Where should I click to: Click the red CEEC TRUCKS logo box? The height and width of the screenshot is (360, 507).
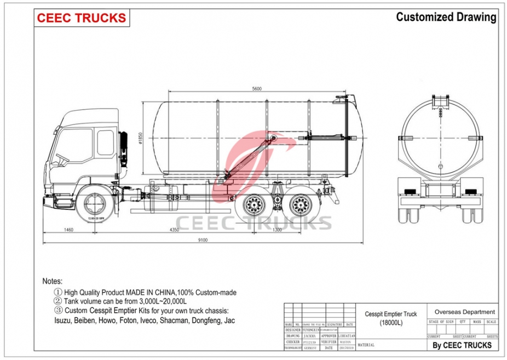click(x=82, y=18)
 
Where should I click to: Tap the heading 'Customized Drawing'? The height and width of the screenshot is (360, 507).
click(x=446, y=17)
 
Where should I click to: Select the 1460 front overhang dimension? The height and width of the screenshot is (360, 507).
click(x=68, y=230)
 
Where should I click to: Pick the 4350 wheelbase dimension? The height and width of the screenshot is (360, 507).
click(x=174, y=230)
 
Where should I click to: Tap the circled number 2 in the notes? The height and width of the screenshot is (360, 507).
click(x=57, y=301)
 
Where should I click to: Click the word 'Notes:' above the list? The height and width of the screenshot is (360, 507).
click(x=53, y=281)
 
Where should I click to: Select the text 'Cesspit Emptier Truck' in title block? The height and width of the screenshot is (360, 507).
click(x=391, y=314)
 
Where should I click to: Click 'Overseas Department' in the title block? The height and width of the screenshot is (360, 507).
click(x=464, y=312)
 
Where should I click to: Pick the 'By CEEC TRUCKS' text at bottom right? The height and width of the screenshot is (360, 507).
click(x=462, y=345)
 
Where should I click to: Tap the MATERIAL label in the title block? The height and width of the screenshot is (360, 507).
click(x=366, y=345)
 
